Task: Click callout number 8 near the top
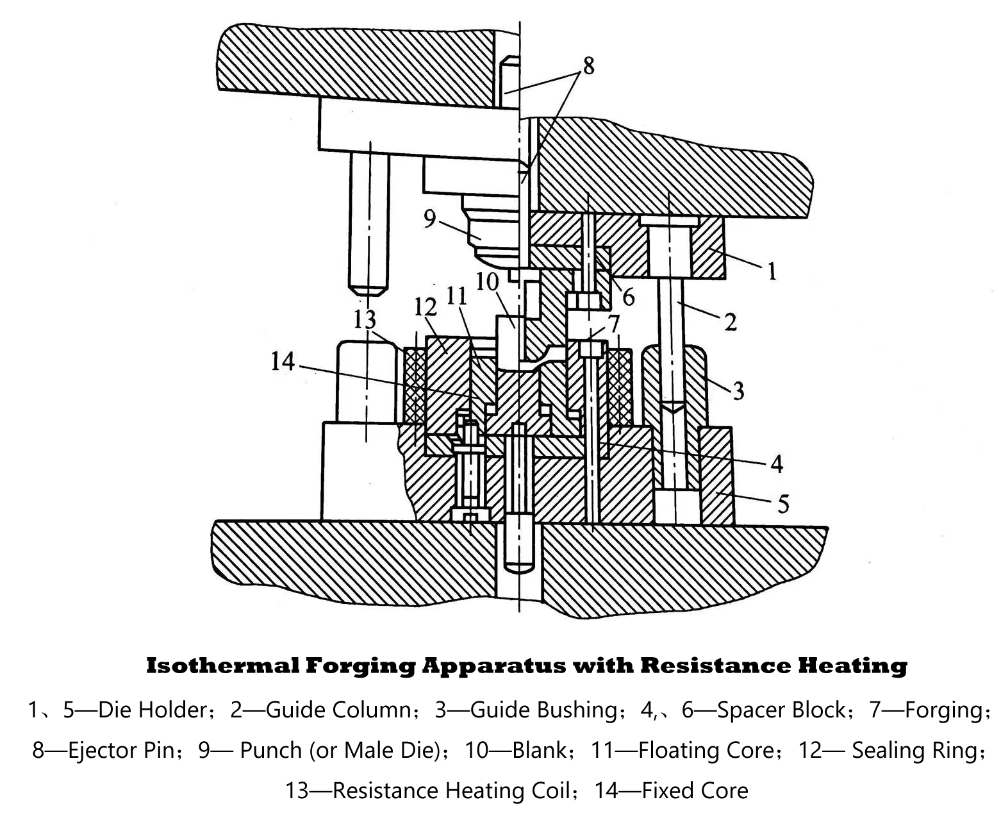pos(588,65)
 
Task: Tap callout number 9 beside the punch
pos(429,219)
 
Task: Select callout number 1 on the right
pos(772,271)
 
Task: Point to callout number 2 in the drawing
pos(731,321)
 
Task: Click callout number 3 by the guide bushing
pos(738,390)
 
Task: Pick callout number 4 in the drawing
pos(777,464)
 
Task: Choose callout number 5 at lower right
pos(783,504)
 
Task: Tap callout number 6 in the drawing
pos(628,297)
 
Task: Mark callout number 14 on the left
pos(282,363)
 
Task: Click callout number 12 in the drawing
pos(426,307)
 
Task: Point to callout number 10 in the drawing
pos(487,281)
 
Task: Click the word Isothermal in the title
pos(222,665)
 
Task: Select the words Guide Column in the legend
pos(338,710)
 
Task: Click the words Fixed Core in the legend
pos(695,791)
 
